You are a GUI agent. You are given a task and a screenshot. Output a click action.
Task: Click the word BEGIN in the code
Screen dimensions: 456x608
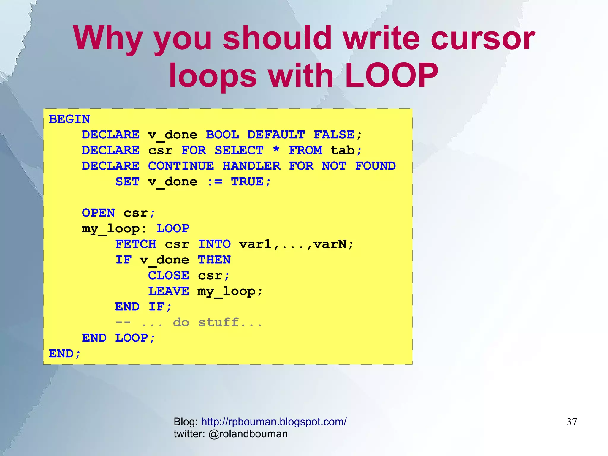pos(69,119)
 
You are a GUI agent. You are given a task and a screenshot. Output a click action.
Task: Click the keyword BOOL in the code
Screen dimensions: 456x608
pos(222,135)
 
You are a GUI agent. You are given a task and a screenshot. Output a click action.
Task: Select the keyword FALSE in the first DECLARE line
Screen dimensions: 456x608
pos(334,135)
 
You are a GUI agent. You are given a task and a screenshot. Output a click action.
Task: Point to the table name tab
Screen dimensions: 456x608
pos(343,150)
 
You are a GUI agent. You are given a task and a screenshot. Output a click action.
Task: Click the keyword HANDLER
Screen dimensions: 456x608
pos(251,166)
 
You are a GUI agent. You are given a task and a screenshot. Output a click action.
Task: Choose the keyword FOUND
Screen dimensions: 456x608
pos(375,166)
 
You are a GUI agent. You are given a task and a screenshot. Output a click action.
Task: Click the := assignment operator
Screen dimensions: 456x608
pos(215,182)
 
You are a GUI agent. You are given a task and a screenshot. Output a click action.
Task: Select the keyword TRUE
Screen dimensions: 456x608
pos(247,182)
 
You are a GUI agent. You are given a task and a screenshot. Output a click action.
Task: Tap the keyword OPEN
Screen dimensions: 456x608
pos(98,213)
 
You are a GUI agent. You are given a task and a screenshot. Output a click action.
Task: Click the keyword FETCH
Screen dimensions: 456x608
pos(136,244)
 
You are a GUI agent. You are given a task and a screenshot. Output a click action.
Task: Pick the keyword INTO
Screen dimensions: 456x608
pos(214,244)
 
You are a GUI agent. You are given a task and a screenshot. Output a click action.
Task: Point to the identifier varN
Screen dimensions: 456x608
pos(330,244)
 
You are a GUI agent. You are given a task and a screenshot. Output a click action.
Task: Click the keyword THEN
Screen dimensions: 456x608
pos(214,260)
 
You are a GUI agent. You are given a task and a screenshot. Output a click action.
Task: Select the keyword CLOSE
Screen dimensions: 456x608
pos(169,276)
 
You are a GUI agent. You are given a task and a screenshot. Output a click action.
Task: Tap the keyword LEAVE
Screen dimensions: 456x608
pos(169,291)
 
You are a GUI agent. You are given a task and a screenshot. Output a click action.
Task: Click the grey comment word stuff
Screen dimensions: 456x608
pos(218,322)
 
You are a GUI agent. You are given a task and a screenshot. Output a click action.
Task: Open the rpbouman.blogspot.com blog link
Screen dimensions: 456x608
pos(274,422)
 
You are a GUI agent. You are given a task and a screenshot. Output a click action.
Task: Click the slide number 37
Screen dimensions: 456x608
pos(571,422)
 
